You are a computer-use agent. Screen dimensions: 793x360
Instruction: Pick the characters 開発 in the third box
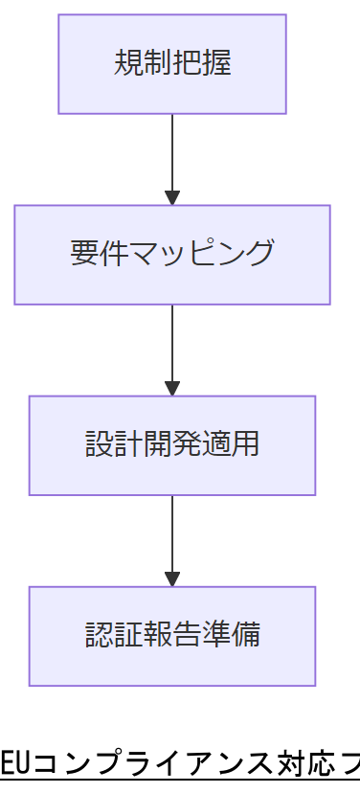tap(172, 444)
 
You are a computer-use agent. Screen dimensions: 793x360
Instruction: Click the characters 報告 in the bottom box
tap(172, 635)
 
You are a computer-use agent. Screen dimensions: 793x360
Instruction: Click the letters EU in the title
tap(14, 765)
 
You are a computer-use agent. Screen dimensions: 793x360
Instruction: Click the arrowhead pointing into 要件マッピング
tap(172, 197)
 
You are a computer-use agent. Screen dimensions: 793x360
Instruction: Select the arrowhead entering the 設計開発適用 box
tap(172, 388)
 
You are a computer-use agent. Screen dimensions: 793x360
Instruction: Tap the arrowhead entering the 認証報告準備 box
tap(172, 578)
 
